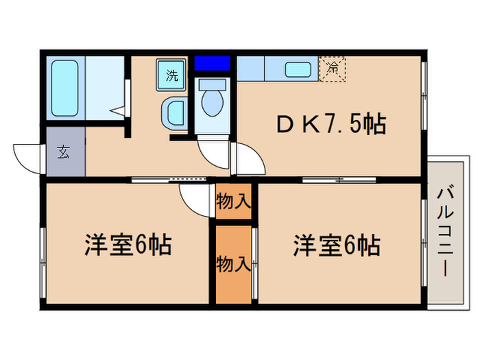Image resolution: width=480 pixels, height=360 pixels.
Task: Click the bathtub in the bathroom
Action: [x=65, y=88]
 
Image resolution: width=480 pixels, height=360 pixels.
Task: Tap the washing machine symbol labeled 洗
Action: [x=172, y=75]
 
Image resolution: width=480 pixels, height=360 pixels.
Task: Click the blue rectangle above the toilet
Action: [x=211, y=64]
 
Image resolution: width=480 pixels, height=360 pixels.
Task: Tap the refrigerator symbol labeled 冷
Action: [x=333, y=69]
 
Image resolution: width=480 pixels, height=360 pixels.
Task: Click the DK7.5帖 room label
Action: [x=331, y=124]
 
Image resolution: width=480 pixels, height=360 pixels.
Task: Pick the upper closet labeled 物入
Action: [x=234, y=201]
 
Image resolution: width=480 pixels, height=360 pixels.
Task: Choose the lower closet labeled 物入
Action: [x=234, y=264]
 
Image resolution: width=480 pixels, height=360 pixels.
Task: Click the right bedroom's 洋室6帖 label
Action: [x=337, y=244]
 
